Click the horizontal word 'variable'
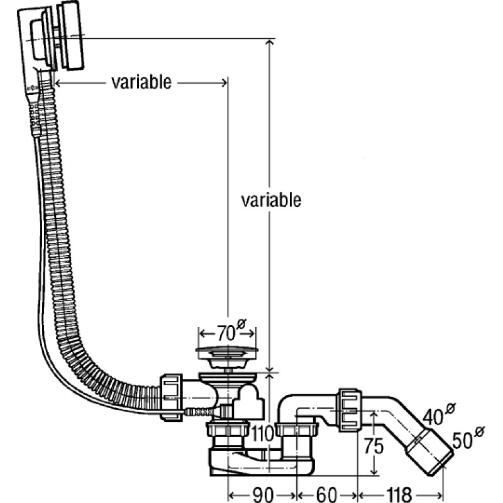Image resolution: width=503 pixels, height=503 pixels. [x=141, y=82]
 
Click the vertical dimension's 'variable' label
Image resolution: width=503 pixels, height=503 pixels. [x=271, y=200]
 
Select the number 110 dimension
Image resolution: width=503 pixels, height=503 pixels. [x=262, y=434]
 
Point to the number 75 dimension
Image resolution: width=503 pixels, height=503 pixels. [x=373, y=446]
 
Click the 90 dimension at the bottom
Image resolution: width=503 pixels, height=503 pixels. [x=263, y=494]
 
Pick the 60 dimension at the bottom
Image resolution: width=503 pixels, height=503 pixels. [x=326, y=494]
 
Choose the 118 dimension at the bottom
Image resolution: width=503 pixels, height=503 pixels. [x=399, y=494]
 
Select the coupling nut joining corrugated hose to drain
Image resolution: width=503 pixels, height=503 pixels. [x=170, y=397]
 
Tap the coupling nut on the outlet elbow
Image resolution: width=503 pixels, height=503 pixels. [x=349, y=410]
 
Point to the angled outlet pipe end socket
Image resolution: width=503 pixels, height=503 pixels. [x=429, y=451]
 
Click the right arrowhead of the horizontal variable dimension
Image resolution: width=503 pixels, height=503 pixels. [x=223, y=83]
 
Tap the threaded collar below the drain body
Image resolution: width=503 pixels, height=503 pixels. [x=228, y=431]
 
